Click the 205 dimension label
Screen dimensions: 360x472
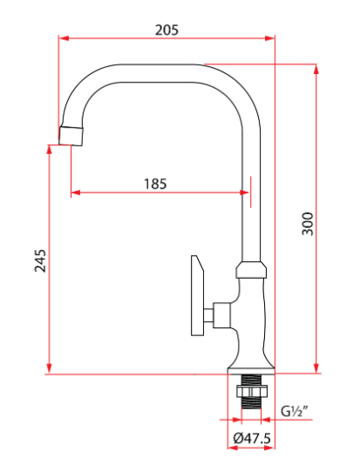click(166, 30)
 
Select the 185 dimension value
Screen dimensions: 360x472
click(155, 184)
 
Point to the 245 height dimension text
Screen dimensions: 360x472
click(40, 260)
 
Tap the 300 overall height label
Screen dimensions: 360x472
click(308, 224)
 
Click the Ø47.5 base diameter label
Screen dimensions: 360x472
click(252, 438)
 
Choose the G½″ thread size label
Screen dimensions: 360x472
click(295, 411)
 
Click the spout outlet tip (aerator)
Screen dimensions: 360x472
click(71, 137)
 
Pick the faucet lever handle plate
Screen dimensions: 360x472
click(198, 295)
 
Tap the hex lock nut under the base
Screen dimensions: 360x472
click(252, 392)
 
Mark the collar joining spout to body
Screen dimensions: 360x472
click(251, 269)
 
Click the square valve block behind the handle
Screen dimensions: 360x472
click(222, 315)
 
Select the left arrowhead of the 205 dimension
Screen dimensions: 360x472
click(64, 38)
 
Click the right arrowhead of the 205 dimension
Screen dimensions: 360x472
click(269, 38)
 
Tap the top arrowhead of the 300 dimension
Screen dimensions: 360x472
click(316, 69)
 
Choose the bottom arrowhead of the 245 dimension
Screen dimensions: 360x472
click(49, 368)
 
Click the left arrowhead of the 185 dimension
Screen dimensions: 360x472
click(76, 192)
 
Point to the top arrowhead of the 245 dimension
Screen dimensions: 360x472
click(49, 150)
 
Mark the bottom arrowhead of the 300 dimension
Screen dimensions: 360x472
click(316, 368)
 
